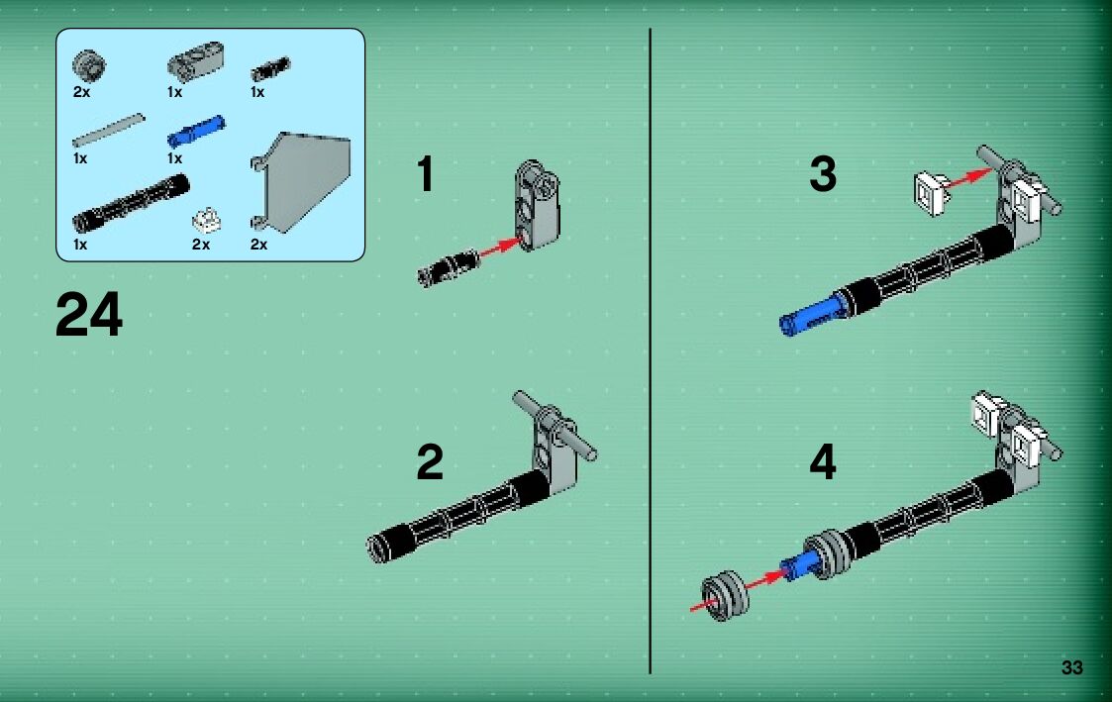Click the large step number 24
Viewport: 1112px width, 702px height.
point(89,315)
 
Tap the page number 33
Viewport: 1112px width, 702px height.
point(1071,667)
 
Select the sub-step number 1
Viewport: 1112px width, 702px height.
point(426,173)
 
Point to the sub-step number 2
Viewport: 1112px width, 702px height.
point(430,462)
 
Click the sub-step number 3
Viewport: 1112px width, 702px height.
point(823,173)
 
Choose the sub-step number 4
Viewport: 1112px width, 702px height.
point(823,462)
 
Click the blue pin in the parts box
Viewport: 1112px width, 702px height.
point(196,132)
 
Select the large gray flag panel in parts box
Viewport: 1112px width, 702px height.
point(301,181)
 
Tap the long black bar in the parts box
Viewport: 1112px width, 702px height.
point(131,203)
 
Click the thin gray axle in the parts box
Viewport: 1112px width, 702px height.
point(108,131)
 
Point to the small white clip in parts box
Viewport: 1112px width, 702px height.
point(206,220)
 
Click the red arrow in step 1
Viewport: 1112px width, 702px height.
point(501,247)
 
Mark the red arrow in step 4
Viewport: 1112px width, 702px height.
point(738,590)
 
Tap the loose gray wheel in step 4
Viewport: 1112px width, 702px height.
point(725,596)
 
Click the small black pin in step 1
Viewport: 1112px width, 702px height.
point(449,267)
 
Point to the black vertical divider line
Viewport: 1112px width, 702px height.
point(650,351)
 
